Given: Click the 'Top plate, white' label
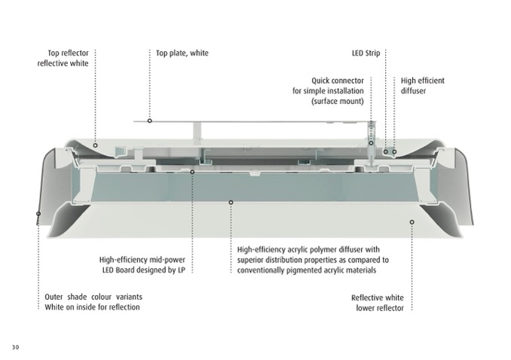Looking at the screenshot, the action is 182,53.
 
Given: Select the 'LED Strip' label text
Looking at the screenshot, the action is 366,53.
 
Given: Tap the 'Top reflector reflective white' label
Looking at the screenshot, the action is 63,58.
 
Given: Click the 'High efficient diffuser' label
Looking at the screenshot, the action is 422,86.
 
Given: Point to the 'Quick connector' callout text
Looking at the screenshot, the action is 338,81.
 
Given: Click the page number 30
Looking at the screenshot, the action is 15,347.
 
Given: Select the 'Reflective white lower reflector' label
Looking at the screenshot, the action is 378,303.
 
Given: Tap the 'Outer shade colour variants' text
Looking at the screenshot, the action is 93,297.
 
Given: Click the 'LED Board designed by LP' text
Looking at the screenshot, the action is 144,270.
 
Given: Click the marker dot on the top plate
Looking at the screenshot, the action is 149,121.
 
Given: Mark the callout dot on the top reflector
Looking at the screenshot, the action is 95,145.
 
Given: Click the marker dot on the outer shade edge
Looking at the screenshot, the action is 38,214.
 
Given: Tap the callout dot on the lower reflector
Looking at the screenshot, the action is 412,222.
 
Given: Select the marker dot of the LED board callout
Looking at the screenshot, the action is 192,172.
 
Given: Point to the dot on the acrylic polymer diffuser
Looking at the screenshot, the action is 231,203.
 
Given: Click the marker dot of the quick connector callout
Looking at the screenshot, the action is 371,143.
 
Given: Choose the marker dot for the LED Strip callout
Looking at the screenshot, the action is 386,152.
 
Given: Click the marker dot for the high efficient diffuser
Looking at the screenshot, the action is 394,152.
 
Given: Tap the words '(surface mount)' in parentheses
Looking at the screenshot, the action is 338,102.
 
